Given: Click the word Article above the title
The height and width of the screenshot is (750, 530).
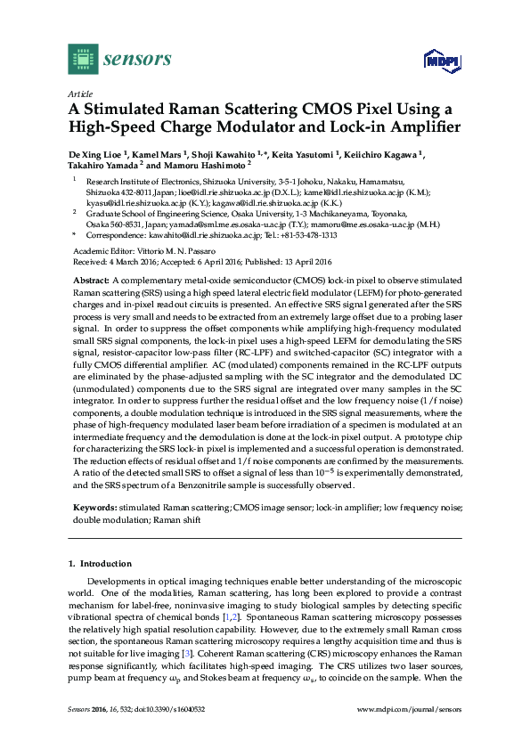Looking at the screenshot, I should [82, 93].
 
